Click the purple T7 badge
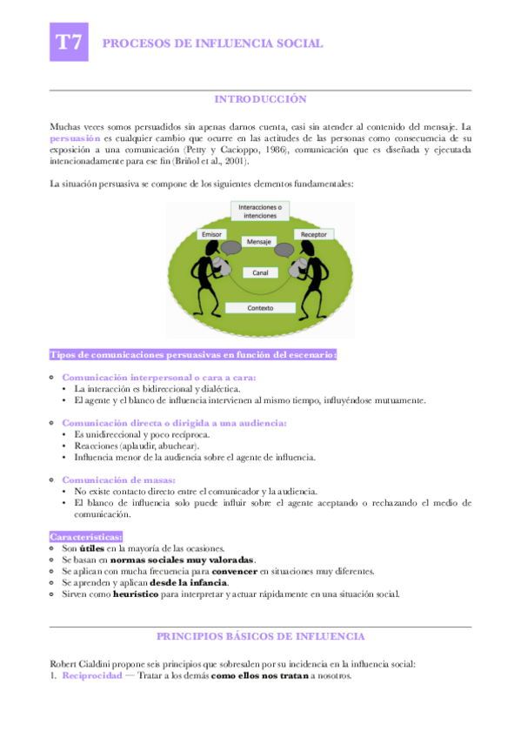click(x=70, y=43)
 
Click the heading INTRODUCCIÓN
click(x=260, y=99)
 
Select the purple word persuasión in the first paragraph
click(x=74, y=138)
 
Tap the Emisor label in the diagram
click(x=212, y=235)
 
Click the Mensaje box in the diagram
click(x=259, y=241)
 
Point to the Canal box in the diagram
click(x=260, y=272)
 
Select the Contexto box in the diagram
click(x=260, y=308)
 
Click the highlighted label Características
click(x=86, y=537)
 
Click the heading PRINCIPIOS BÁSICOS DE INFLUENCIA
click(x=260, y=637)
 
